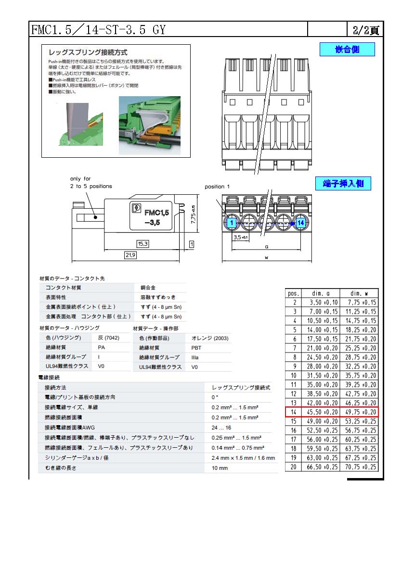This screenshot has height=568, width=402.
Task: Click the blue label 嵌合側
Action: point(347,50)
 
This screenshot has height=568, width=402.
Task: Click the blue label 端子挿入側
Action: point(343,183)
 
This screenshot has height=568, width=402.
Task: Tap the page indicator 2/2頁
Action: point(365,30)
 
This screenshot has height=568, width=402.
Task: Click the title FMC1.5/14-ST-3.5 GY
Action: point(98,30)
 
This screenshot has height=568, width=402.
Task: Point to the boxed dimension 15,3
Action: point(143,244)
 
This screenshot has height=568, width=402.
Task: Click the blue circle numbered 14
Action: point(300,223)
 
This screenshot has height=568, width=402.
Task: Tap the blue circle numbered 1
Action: point(232,223)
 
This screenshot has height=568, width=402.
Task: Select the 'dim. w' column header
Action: point(359,293)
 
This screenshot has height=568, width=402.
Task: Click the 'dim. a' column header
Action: point(320,293)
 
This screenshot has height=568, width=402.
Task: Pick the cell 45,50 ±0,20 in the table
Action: point(320,412)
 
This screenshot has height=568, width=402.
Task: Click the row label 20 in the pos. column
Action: point(294,467)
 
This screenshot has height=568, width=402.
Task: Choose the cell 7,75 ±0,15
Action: point(359,302)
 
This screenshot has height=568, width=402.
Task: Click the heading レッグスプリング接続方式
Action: point(88,52)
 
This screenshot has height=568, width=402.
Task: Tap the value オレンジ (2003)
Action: point(210,338)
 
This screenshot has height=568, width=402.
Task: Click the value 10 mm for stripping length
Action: point(220,468)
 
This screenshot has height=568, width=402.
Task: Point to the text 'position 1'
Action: point(217,187)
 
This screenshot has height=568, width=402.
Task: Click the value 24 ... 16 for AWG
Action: point(221,428)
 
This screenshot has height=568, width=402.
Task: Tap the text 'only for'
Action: point(80,179)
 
